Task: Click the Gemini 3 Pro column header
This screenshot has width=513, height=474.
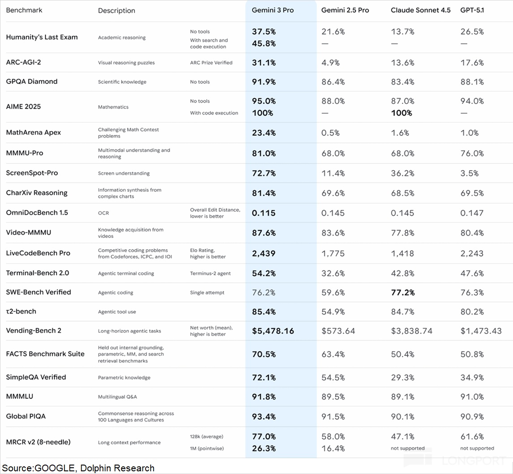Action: coord(273,10)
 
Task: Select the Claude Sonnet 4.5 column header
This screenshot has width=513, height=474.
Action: coord(420,10)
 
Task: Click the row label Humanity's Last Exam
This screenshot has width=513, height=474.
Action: coord(42,37)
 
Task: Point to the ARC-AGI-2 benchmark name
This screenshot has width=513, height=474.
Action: coord(23,62)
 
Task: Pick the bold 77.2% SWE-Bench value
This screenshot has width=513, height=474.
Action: coord(403,293)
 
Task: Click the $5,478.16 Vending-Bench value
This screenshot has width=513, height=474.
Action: coord(273,331)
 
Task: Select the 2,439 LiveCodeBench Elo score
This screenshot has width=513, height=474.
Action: coord(264,253)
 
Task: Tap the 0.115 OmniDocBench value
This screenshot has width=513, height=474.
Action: coord(263,213)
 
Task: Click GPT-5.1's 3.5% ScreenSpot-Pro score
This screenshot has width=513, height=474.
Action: coord(470,173)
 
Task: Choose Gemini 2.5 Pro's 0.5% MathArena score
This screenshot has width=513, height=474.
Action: coord(330,133)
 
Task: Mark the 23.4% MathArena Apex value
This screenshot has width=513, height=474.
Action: coord(264,133)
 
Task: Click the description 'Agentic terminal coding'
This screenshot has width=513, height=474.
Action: coord(126,273)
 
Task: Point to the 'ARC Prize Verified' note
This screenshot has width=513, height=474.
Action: coord(211,63)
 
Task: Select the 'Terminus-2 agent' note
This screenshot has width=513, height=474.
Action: coord(210,273)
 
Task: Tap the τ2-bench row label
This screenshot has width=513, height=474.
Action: coord(21,311)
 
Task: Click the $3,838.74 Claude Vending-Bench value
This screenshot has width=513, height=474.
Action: coord(412,331)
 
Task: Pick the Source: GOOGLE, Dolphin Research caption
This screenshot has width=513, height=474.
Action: coord(78,468)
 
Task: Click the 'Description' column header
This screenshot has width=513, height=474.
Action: coord(116,10)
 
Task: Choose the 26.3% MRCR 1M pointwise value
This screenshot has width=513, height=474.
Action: coord(264,448)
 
